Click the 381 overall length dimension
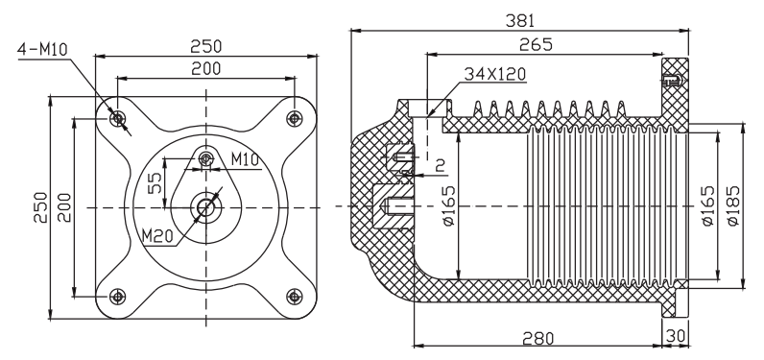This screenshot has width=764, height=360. tap(520, 20)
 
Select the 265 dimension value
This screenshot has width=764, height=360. tap(536, 44)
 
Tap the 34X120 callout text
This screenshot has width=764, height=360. tap(495, 74)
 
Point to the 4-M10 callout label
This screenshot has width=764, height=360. tap(42, 49)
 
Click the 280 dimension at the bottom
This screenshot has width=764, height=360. tap(537, 338)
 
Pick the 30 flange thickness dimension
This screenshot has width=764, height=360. tap(676, 336)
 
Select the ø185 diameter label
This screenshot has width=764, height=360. tap(733, 205)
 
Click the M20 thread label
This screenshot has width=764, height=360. tap(157, 236)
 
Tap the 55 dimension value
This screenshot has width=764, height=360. tap(155, 183)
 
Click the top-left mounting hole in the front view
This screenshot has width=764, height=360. tap(117, 118)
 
